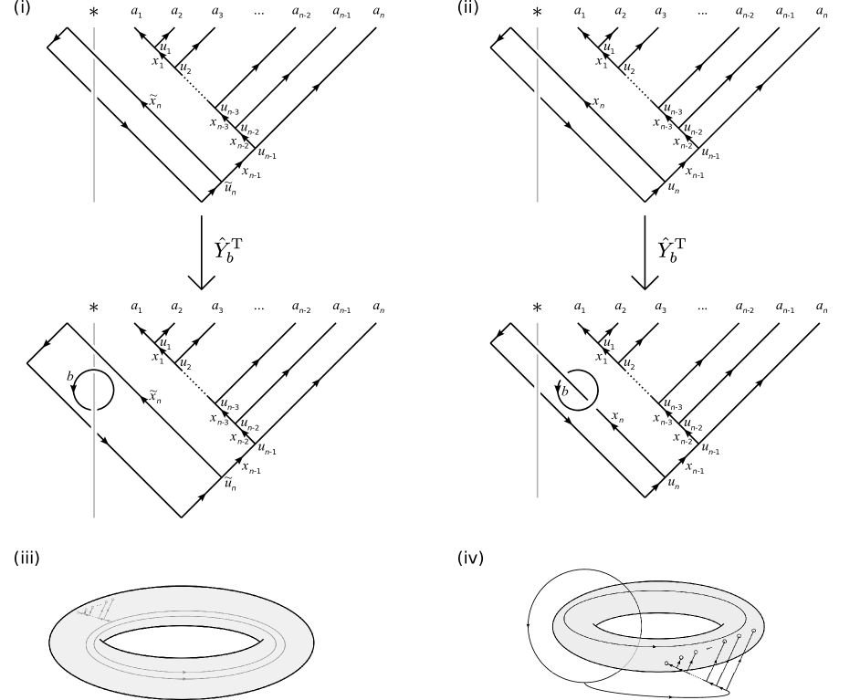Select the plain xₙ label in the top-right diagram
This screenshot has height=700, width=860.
point(599,103)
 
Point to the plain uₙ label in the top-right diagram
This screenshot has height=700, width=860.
point(674,189)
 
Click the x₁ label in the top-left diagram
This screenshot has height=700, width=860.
point(156,62)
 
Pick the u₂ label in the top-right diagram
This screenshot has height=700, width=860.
point(629,68)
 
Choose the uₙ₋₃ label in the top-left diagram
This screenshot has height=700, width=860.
point(229,110)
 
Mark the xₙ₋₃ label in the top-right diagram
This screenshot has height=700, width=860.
point(663,124)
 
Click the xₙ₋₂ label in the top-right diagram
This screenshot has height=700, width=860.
point(683,142)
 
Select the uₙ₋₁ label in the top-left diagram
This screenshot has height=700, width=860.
point(267,154)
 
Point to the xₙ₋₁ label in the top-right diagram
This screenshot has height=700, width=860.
point(695,173)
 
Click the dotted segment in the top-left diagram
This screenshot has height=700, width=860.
point(194,89)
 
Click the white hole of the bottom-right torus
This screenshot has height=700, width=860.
point(657,628)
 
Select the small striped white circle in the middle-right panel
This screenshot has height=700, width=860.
point(563,375)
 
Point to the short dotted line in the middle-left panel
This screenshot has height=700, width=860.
point(194,382)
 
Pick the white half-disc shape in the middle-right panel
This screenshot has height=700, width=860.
point(591,402)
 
